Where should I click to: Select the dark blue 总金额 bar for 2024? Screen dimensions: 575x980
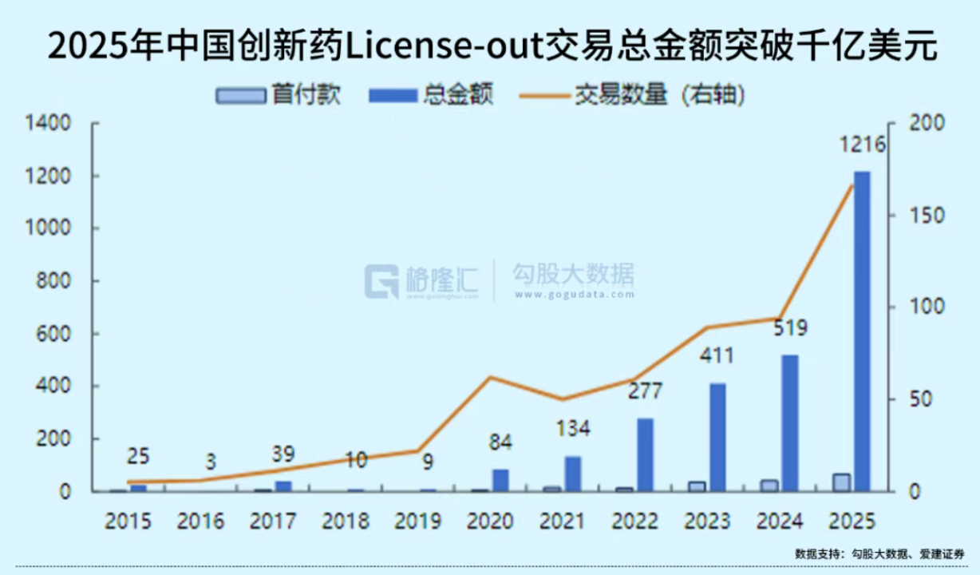click(x=789, y=423)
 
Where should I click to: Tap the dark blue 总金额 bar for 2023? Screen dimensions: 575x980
click(x=717, y=438)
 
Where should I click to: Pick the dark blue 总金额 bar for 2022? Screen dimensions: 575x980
click(x=645, y=455)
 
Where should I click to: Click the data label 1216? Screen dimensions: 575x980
click(x=862, y=145)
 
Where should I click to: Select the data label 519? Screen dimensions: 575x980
click(x=789, y=328)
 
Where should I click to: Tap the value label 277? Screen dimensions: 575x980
click(x=645, y=392)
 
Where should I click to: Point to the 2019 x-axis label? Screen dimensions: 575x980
click(x=418, y=521)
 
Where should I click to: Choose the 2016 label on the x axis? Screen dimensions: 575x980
click(x=201, y=521)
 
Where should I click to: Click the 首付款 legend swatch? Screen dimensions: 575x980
click(x=240, y=96)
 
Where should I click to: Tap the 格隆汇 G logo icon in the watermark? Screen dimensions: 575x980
click(x=381, y=281)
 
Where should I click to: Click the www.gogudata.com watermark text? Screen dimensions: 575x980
click(x=573, y=294)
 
